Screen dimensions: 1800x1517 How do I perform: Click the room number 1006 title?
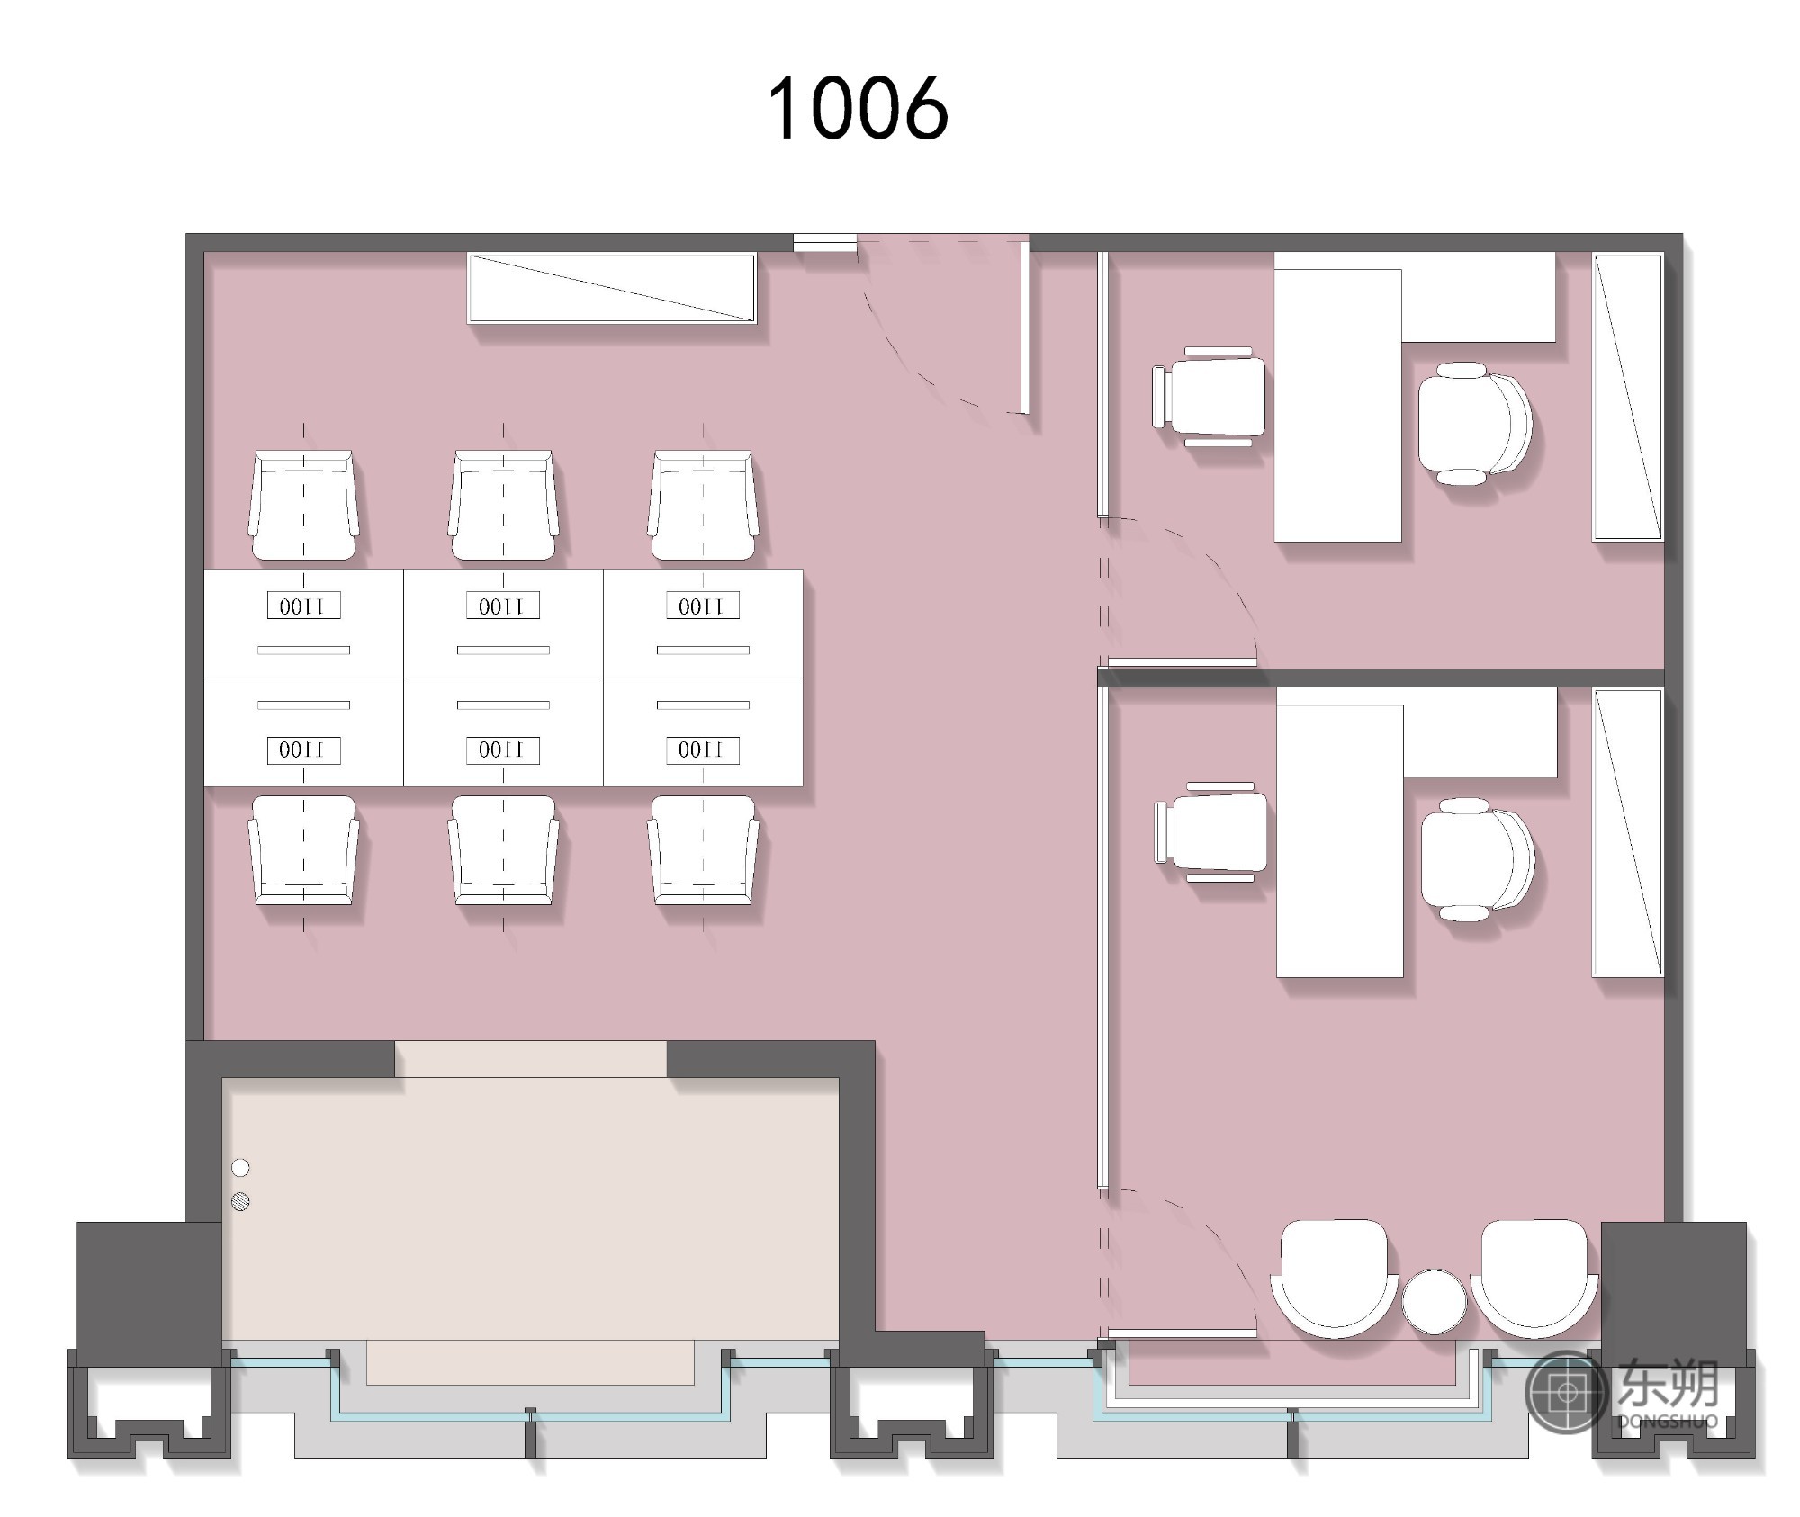[x=858, y=108]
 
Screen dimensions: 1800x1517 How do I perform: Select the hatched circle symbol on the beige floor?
[x=240, y=1200]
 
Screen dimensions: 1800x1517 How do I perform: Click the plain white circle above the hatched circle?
[x=240, y=1168]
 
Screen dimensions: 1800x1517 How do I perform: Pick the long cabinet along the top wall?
[x=612, y=288]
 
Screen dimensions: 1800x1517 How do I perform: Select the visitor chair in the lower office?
[x=1210, y=831]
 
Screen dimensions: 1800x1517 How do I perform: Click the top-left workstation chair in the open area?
[x=303, y=505]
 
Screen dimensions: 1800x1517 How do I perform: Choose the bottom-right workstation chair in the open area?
[x=703, y=850]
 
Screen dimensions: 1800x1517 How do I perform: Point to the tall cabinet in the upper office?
[x=1628, y=397]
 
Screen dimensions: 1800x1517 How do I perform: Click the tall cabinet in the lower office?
[x=1628, y=832]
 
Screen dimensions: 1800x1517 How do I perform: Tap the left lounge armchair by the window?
[x=1334, y=1278]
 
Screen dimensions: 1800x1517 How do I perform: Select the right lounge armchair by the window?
[x=1534, y=1278]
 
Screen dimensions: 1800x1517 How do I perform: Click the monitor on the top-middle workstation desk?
[x=503, y=606]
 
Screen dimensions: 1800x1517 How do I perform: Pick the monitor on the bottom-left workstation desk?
[x=303, y=750]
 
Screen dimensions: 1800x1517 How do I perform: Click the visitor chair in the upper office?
[x=1209, y=396]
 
